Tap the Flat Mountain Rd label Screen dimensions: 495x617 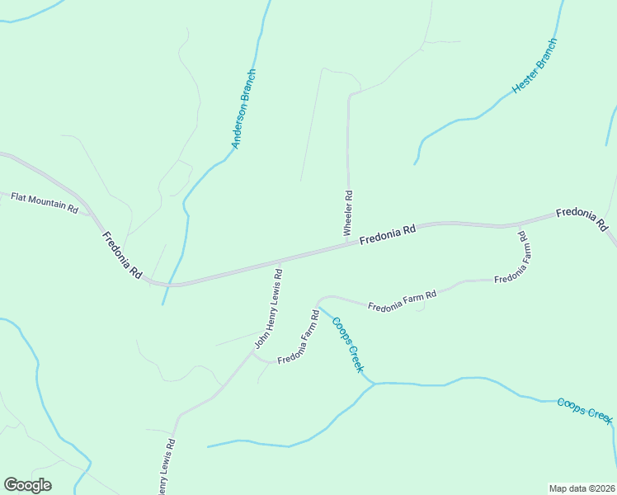(x=44, y=203)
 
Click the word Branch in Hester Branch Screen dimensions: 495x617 (x=547, y=52)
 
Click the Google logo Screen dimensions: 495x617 (x=27, y=485)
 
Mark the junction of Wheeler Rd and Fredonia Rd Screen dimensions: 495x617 (x=347, y=242)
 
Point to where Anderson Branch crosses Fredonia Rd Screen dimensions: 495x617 (x=172, y=285)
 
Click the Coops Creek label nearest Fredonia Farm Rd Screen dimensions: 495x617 (x=346, y=343)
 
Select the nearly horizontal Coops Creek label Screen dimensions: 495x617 (x=585, y=410)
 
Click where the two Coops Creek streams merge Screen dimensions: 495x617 (x=375, y=384)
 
